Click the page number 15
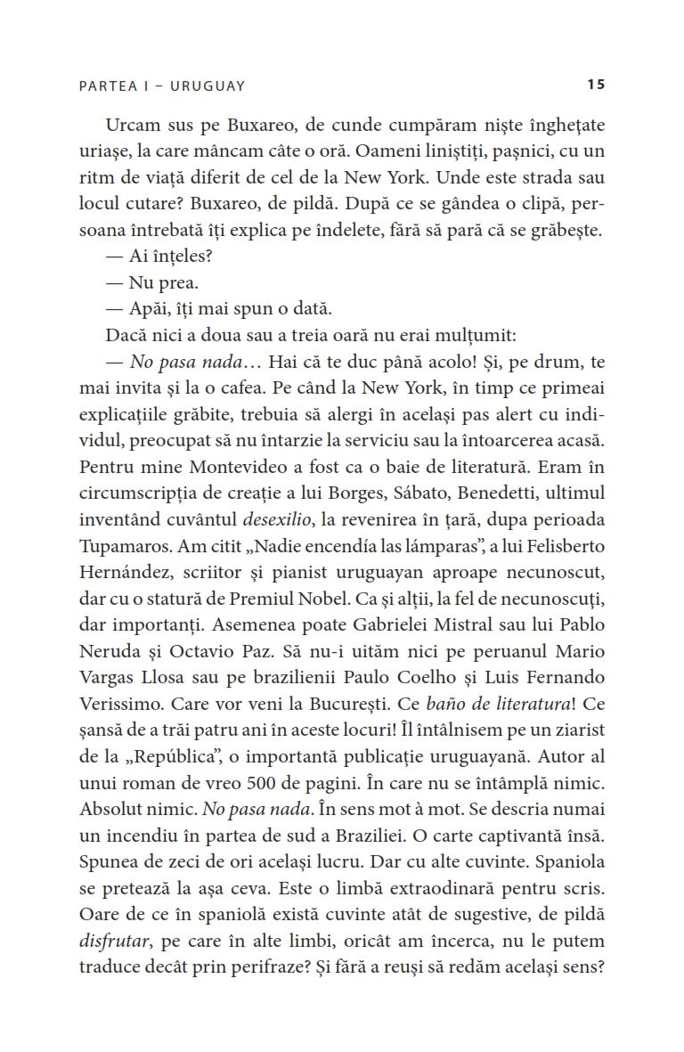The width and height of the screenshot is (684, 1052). [596, 85]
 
